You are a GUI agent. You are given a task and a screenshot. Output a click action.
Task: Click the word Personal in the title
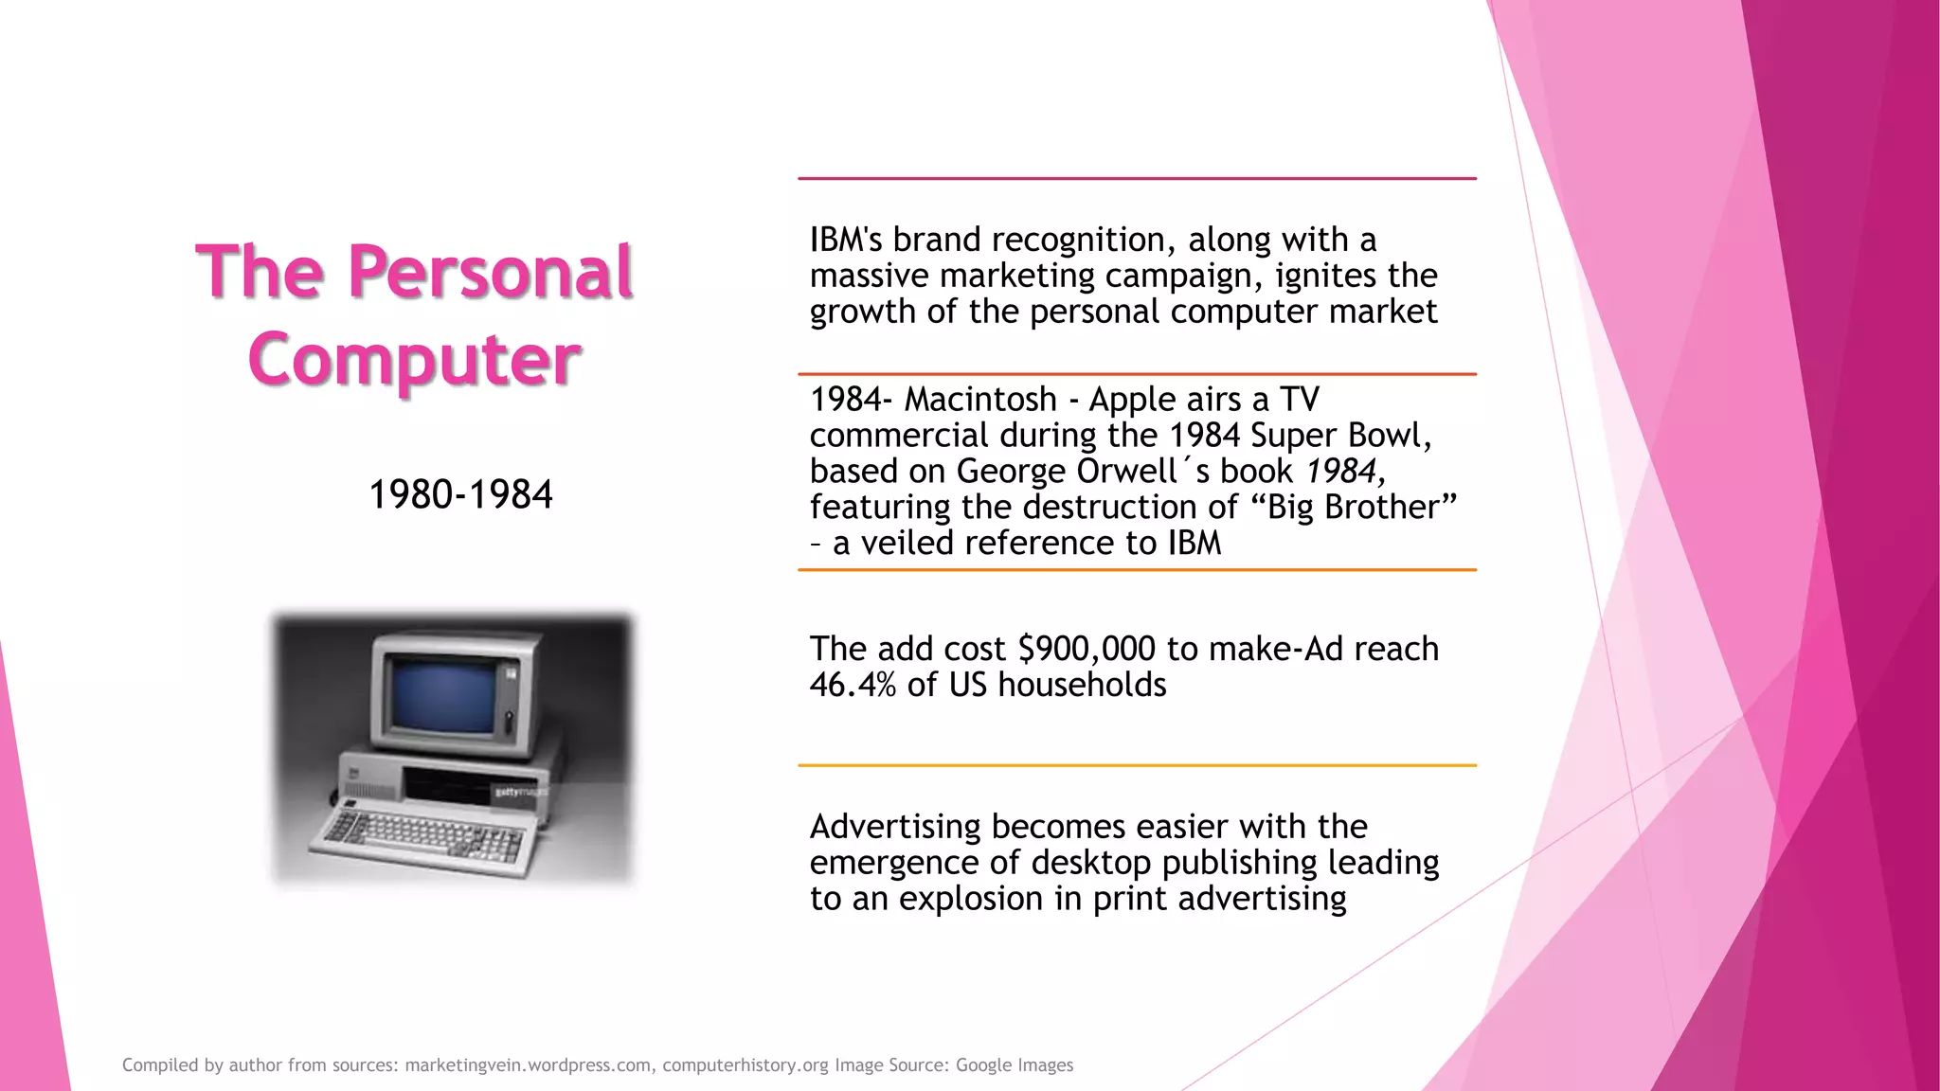click(490, 273)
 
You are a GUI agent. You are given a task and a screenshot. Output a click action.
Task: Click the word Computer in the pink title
click(414, 360)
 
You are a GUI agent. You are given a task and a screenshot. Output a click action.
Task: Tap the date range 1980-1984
click(460, 494)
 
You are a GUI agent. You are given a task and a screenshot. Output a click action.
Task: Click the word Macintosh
click(980, 400)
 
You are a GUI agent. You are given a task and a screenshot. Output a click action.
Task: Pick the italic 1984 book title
click(1340, 472)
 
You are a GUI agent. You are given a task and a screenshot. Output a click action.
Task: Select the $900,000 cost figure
click(1087, 650)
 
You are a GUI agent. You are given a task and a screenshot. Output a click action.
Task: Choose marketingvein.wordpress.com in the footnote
click(528, 1065)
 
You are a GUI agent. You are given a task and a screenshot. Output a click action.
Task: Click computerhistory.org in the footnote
click(745, 1065)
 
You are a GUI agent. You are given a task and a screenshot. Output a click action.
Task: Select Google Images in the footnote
click(1015, 1065)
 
